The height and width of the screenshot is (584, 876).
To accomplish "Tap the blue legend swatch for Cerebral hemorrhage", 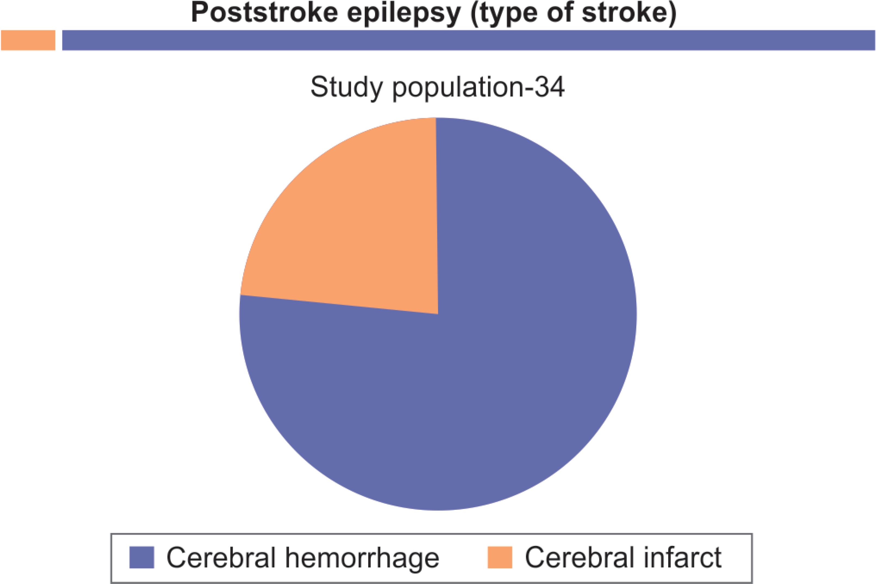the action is (x=142, y=558).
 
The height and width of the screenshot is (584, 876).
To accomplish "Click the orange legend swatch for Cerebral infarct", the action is (x=500, y=558).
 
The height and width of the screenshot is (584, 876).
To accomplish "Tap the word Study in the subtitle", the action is (x=346, y=88).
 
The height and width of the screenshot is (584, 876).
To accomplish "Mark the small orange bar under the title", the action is (x=28, y=40).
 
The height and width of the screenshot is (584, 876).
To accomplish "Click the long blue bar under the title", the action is (x=468, y=40).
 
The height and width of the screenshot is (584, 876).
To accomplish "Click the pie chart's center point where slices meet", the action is (x=438, y=314).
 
